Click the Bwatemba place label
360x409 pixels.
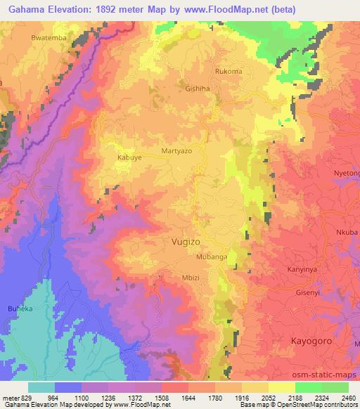coord(47,36)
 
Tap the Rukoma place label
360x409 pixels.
coord(228,71)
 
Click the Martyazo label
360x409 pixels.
coord(177,151)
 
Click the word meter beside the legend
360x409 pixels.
coord(10,398)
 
